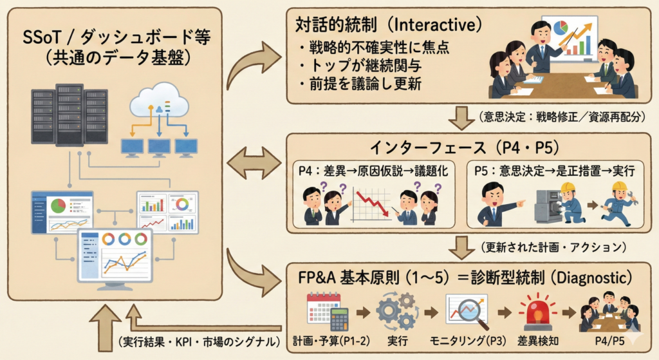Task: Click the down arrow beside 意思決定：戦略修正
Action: point(461,118)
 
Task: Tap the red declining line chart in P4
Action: point(372,202)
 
